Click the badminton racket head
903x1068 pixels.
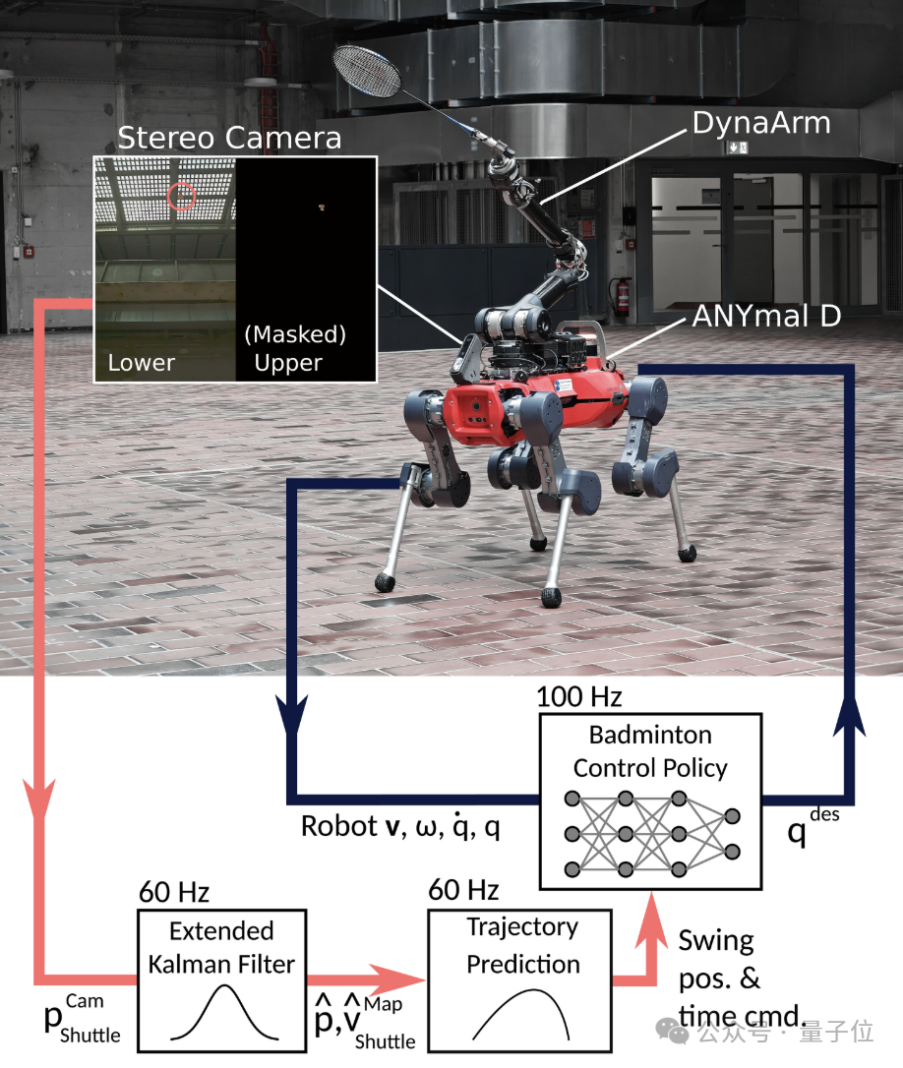coord(369,71)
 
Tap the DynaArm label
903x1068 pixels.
coord(761,123)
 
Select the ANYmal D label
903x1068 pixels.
coord(766,316)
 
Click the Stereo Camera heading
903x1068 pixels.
coord(229,138)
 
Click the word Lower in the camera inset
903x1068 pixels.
coord(141,362)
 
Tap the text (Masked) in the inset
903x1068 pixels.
coord(295,334)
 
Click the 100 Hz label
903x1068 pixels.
coord(578,697)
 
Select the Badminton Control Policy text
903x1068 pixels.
coord(650,751)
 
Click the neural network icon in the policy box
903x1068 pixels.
coord(652,834)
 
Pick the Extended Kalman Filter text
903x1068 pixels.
coord(221,947)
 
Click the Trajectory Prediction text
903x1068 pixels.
coord(522,945)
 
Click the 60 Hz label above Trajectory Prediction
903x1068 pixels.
coord(463,890)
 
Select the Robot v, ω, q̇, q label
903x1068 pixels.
coord(400,826)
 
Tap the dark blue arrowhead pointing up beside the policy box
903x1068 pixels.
coord(849,714)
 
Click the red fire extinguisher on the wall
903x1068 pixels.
coord(622,296)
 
